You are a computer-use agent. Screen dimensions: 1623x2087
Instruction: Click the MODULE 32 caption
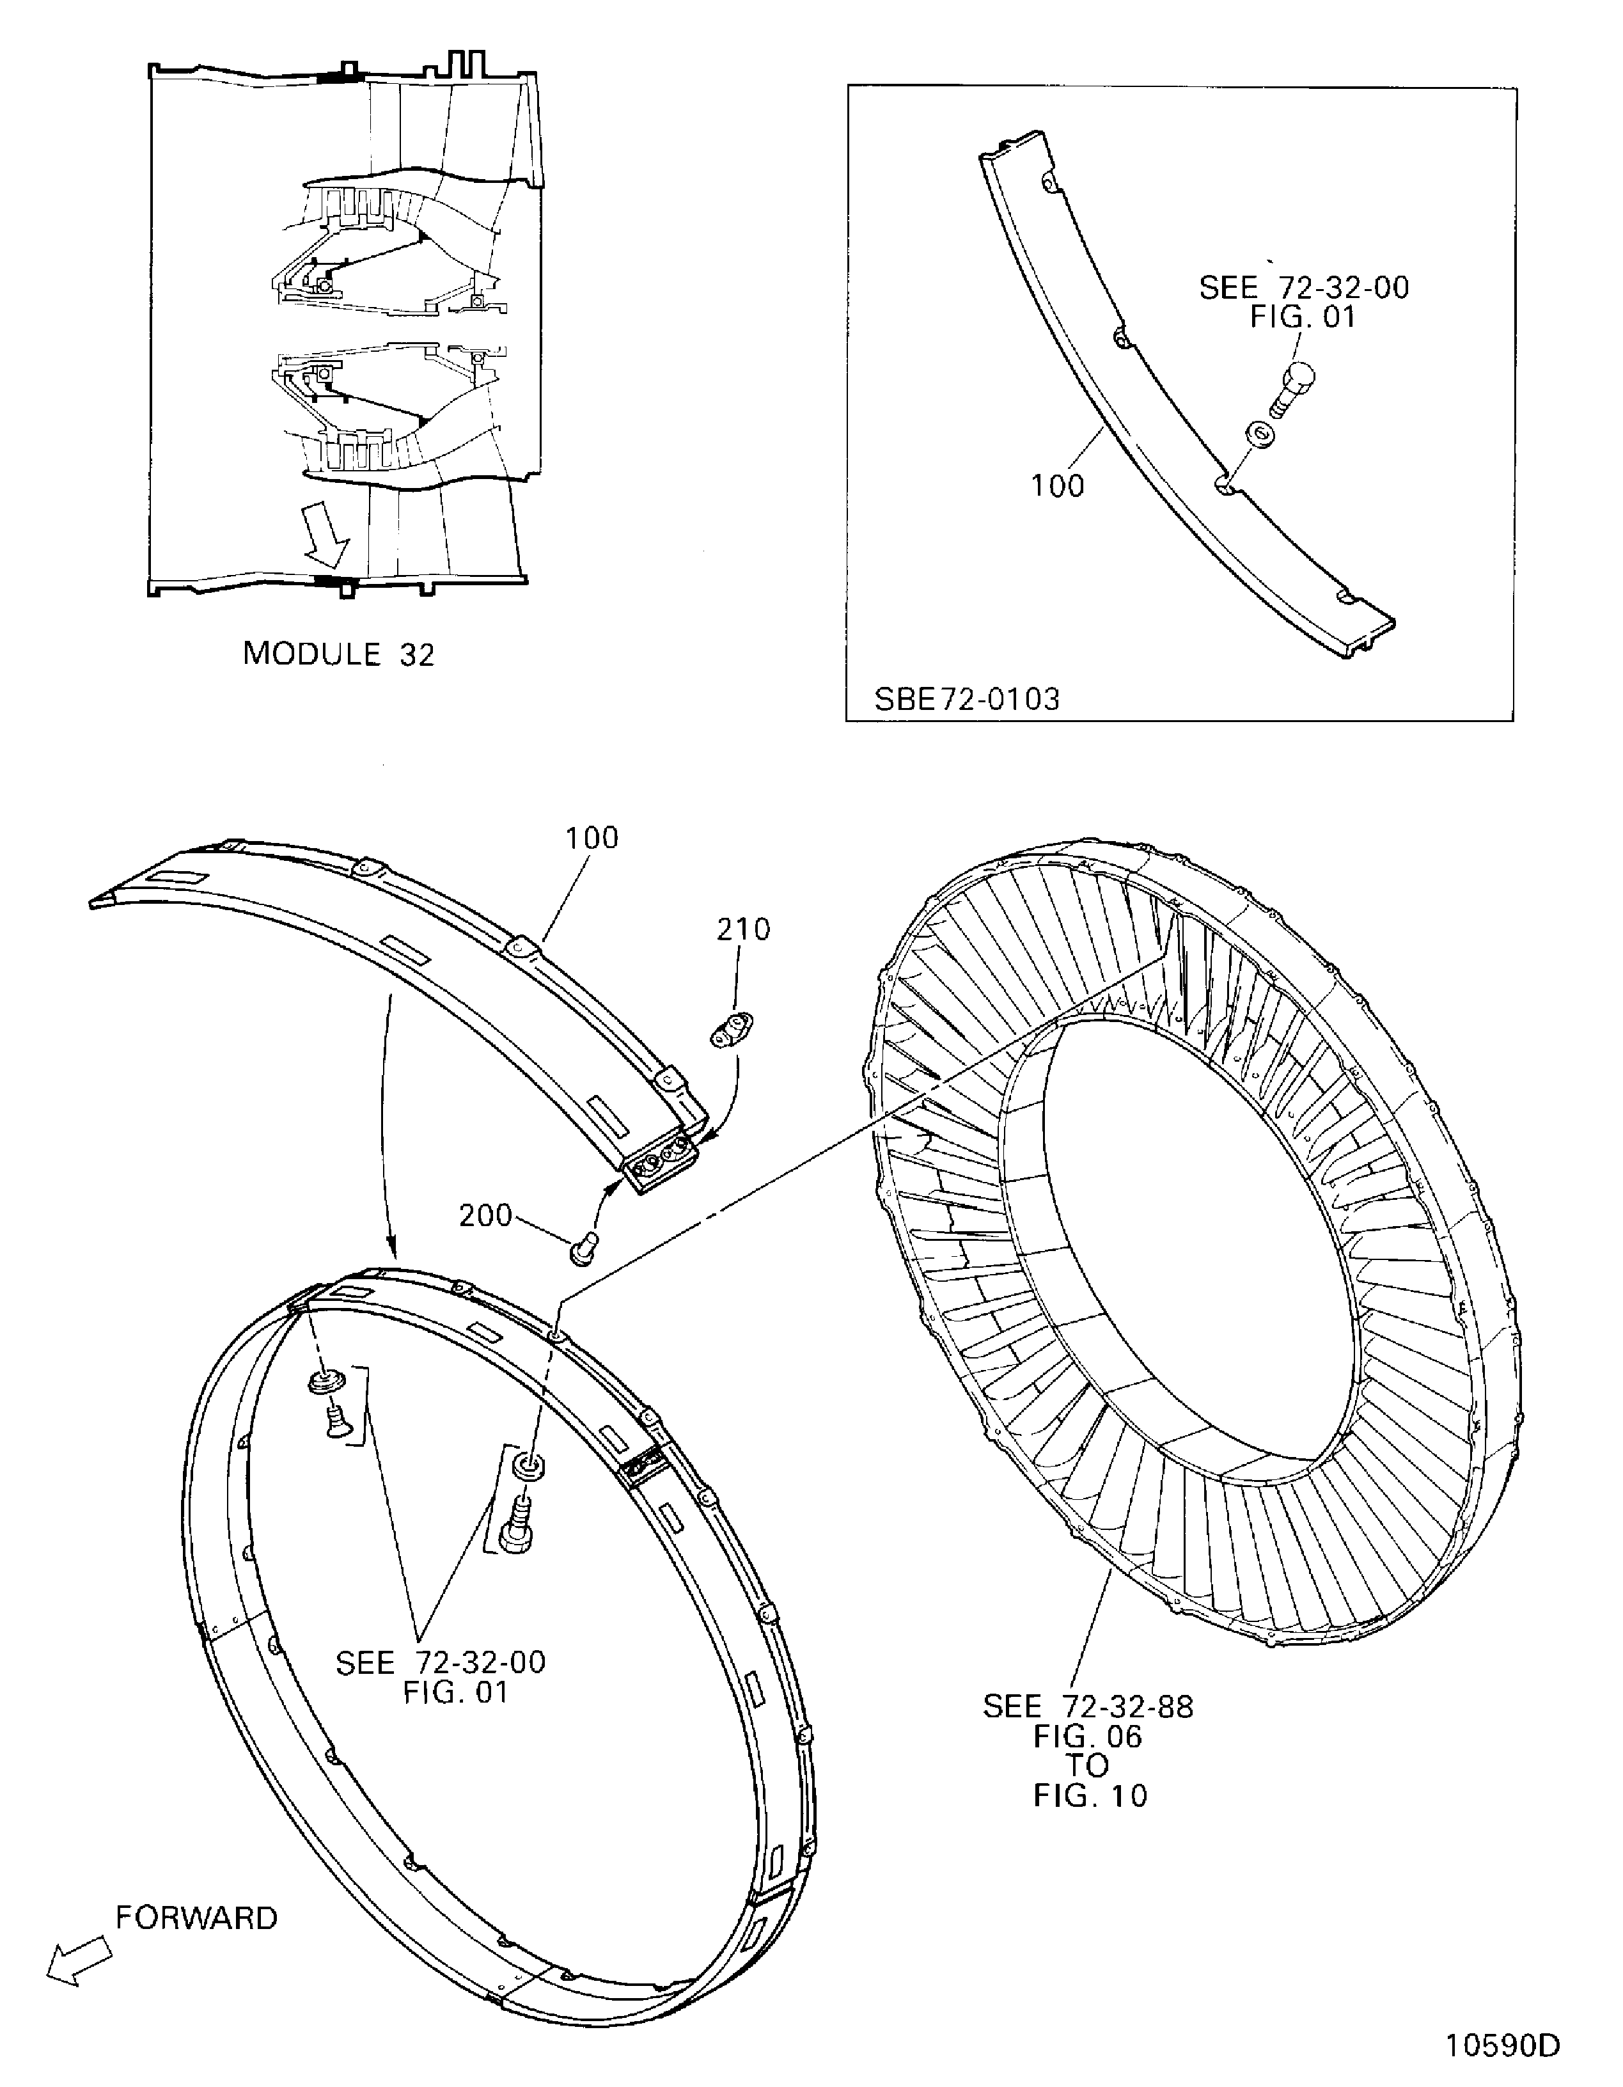pos(338,654)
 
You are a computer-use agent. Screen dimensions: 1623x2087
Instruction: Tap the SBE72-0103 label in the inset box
pos(967,700)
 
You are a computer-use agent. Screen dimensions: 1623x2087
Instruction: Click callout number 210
pos(743,929)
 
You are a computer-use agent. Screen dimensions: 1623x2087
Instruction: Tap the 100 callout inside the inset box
pos(1058,486)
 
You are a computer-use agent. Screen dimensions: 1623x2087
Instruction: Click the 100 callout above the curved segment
pos(592,838)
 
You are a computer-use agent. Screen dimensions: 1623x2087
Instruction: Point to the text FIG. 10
pos(1090,1795)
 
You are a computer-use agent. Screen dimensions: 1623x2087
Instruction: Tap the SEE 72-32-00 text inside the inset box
pos(1304,288)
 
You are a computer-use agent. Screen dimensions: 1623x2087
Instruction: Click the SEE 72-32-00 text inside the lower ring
pos(441,1663)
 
